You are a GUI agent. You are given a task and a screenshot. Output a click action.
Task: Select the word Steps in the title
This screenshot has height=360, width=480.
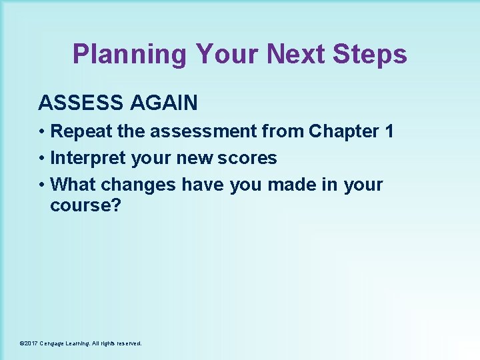coord(369,55)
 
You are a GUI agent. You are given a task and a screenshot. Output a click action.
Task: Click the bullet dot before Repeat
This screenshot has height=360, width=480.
coord(42,132)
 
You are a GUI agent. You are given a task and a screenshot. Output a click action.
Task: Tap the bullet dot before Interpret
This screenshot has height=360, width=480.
coord(42,159)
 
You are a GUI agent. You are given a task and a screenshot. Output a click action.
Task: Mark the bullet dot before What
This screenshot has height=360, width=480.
coord(42,185)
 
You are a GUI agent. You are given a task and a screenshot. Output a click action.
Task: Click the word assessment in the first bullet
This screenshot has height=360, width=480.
coord(204,132)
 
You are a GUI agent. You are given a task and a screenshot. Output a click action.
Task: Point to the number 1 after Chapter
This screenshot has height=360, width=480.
coord(389,132)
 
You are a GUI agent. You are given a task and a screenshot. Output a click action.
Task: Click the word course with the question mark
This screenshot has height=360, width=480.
coord(85,205)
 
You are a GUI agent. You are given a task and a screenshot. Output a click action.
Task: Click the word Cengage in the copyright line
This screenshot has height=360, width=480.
coord(55,343)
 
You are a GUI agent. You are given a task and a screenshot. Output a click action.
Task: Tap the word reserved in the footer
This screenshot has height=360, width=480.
coord(127,343)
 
